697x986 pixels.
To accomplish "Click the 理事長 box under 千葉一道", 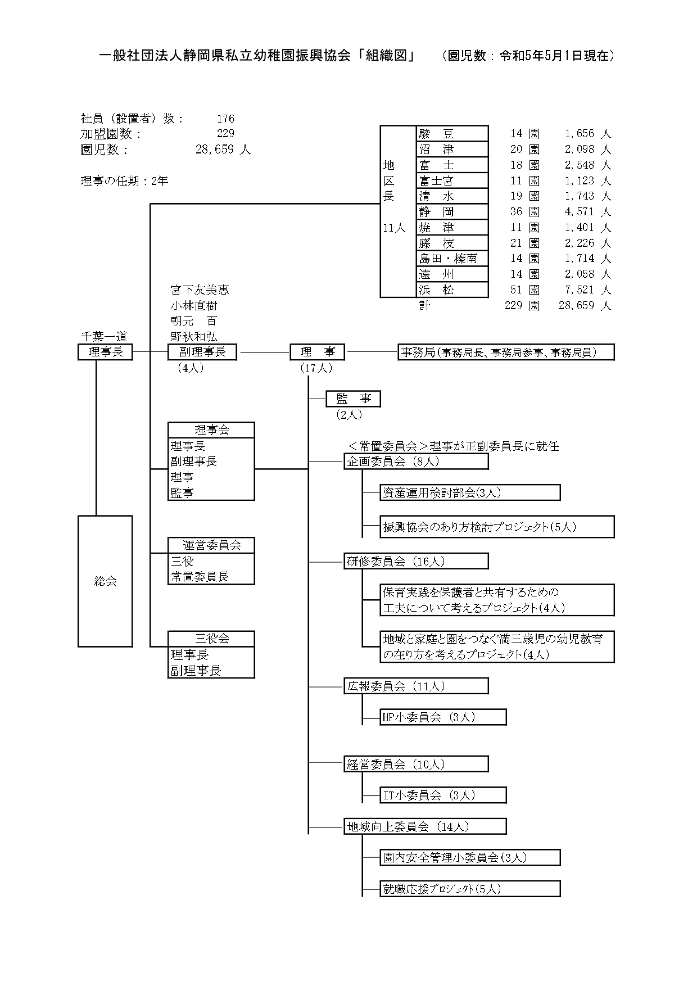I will [x=105, y=352].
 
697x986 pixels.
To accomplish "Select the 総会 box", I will [x=105, y=581].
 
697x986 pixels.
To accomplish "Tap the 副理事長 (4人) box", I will [x=202, y=352].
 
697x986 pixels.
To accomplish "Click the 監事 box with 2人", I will [x=353, y=399].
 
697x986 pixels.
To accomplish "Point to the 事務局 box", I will [x=506, y=352].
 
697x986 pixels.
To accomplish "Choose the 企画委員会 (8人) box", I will [x=416, y=462].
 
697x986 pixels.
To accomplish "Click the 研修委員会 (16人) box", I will [x=416, y=561].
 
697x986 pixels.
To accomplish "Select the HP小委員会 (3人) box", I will [x=443, y=717].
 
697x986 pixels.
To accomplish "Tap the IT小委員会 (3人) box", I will [x=443, y=795].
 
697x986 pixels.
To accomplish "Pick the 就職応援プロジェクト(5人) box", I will [x=470, y=889].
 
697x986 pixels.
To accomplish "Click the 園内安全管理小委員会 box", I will [x=470, y=858].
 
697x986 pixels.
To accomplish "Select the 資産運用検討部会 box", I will [x=470, y=493].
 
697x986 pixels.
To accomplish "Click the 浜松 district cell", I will [x=452, y=290].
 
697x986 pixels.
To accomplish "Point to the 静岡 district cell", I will [x=452, y=212].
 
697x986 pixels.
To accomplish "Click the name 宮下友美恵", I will [x=200, y=290].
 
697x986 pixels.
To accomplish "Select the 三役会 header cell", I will [x=211, y=639].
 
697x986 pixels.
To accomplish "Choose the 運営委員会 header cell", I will [x=211, y=545].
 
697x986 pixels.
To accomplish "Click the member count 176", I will [x=225, y=119].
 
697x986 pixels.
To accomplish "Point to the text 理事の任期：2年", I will [x=124, y=181].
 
